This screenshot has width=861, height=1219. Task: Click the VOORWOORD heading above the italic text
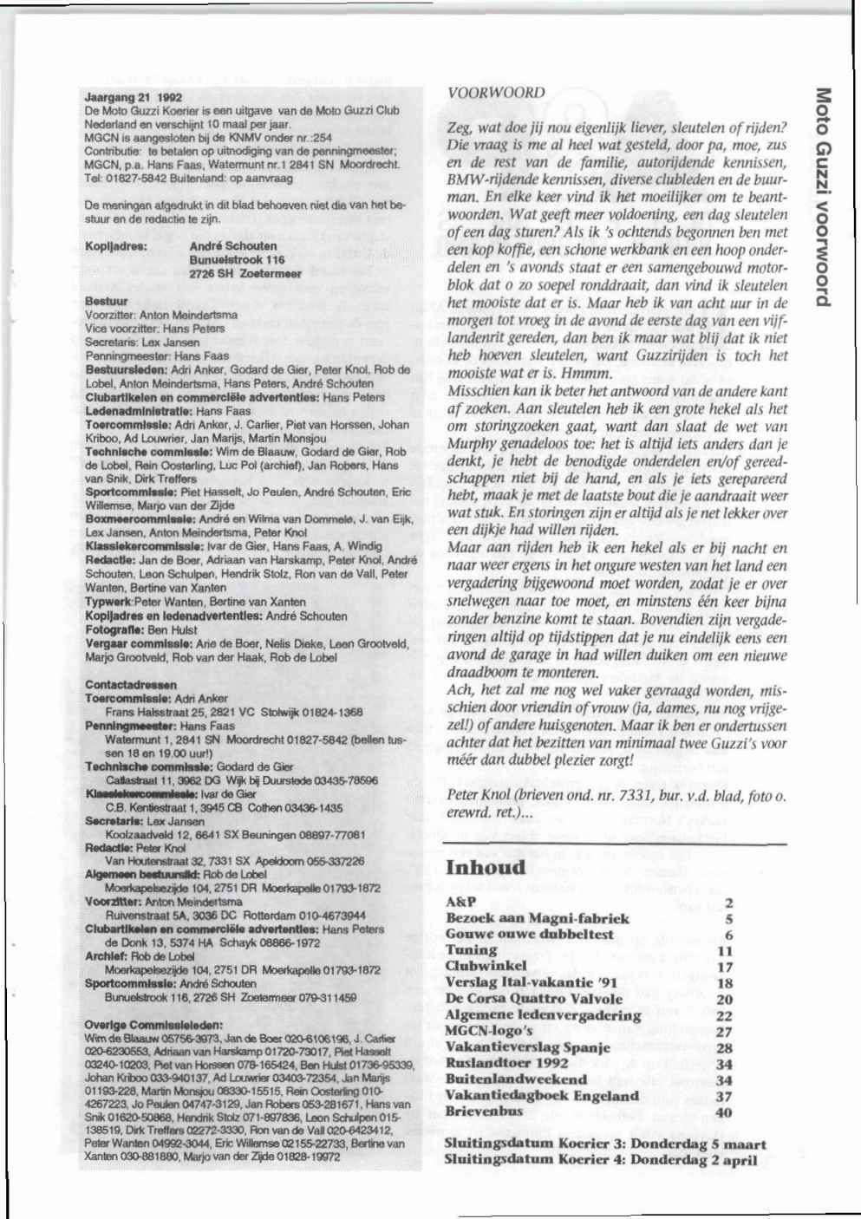tap(497, 92)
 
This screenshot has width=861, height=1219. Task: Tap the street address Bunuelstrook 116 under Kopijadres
tap(238, 258)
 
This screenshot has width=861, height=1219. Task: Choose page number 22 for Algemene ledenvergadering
tap(725, 1015)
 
